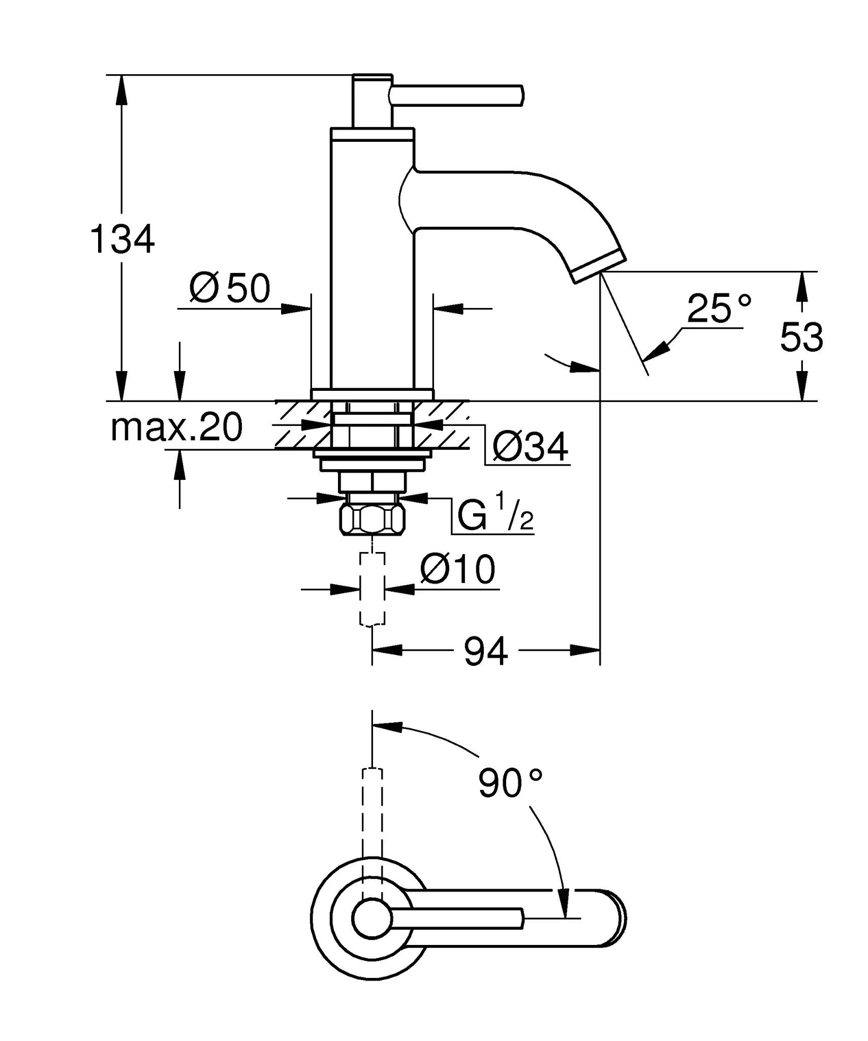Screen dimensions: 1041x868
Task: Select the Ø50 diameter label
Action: pos(230,288)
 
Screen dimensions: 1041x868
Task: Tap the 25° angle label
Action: pos(719,309)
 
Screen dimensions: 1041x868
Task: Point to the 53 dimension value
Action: pos(801,337)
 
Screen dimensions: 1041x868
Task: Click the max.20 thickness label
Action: pos(176,427)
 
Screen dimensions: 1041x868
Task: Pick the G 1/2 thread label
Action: pos(494,515)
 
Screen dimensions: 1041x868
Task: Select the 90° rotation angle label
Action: pos(510,783)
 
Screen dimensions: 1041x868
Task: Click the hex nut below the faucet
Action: pos(372,519)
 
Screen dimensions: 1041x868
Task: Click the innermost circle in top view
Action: pos(372,918)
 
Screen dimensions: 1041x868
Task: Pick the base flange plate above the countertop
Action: pos(372,394)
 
